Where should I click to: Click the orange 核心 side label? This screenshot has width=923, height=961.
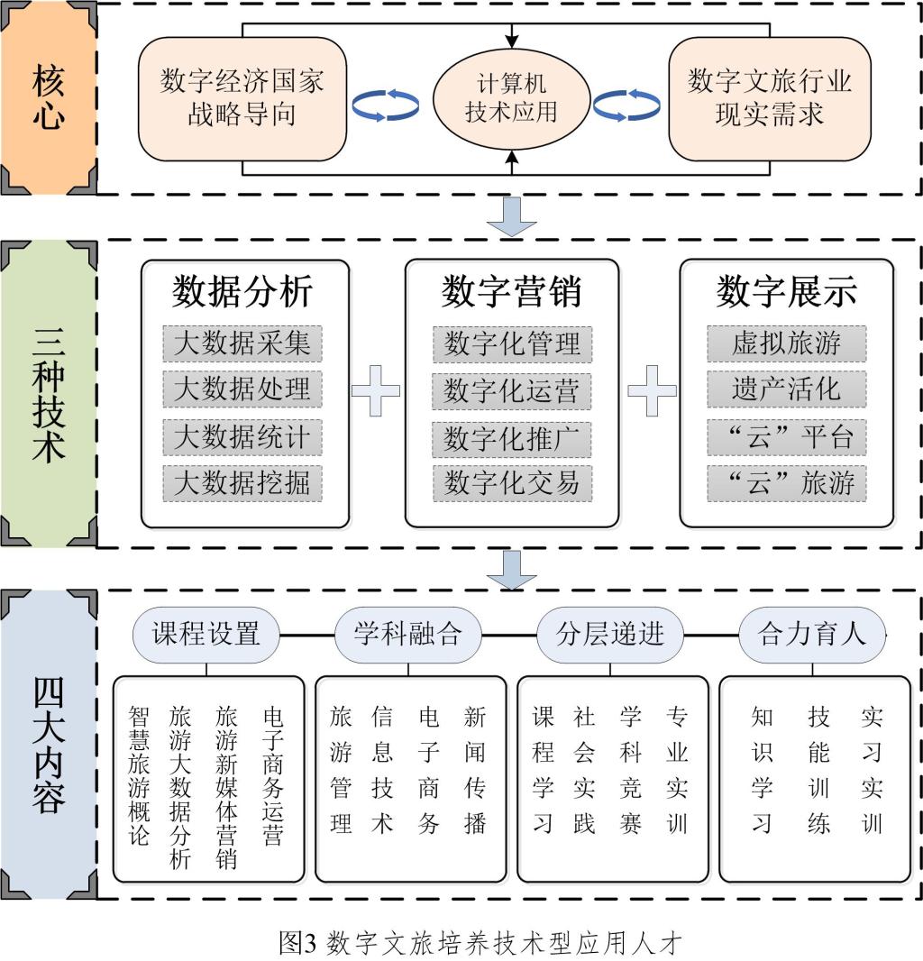[x=49, y=98]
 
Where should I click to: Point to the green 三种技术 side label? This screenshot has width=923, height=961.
[x=49, y=394]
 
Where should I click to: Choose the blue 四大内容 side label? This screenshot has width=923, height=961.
[x=49, y=743]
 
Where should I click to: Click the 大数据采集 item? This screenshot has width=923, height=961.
[x=242, y=343]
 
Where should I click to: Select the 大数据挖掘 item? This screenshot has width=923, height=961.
[x=242, y=482]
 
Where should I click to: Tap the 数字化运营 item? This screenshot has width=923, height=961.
[x=511, y=391]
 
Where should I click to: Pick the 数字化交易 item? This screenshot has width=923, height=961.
[x=511, y=482]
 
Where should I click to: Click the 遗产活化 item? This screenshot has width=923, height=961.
[x=786, y=389]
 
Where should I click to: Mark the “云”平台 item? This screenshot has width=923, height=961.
[x=786, y=436]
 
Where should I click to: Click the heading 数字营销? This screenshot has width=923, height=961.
[x=511, y=292]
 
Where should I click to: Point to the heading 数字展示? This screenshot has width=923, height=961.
[x=786, y=292]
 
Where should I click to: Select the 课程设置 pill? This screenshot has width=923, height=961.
[x=206, y=634]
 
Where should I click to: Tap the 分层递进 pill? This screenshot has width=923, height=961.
[x=610, y=634]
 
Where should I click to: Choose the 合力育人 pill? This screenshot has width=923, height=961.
[x=811, y=634]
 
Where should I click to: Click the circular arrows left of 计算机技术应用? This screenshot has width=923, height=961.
[x=386, y=105]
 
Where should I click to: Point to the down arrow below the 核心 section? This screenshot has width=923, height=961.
[x=511, y=217]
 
